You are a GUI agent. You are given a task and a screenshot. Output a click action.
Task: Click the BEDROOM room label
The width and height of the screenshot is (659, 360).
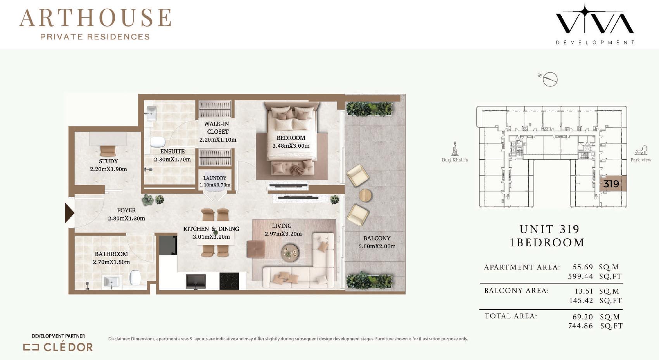[x=291, y=138]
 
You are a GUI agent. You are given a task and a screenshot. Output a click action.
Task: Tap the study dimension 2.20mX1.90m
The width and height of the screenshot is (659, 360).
[x=109, y=169]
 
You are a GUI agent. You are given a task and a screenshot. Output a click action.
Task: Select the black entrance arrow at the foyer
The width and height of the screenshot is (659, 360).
[x=69, y=213]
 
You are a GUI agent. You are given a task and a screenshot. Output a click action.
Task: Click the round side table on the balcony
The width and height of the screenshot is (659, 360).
[x=366, y=195]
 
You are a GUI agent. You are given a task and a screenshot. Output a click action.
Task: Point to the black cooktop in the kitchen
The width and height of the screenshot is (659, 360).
[x=229, y=281]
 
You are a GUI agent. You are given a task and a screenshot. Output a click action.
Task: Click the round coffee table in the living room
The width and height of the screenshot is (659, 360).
[x=290, y=253]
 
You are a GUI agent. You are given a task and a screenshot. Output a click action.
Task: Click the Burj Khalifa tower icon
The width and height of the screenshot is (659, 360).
[x=455, y=148]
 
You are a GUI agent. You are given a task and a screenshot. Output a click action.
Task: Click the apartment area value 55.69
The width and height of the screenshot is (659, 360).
[x=583, y=267]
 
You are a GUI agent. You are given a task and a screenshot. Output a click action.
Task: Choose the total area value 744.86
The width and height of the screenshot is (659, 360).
[x=580, y=326]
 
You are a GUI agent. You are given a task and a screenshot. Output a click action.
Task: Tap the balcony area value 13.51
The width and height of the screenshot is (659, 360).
[x=584, y=291]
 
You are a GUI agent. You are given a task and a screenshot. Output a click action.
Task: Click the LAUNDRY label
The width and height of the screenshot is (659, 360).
[x=215, y=178]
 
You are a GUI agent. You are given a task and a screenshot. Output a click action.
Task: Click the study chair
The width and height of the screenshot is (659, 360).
[x=108, y=151]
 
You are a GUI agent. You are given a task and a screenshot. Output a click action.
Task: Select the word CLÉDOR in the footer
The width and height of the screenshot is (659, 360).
[x=68, y=347]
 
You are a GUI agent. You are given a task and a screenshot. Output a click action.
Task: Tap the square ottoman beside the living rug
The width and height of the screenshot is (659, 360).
[x=255, y=249]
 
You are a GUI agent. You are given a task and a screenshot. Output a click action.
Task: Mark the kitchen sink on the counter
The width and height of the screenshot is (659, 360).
[x=196, y=281]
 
